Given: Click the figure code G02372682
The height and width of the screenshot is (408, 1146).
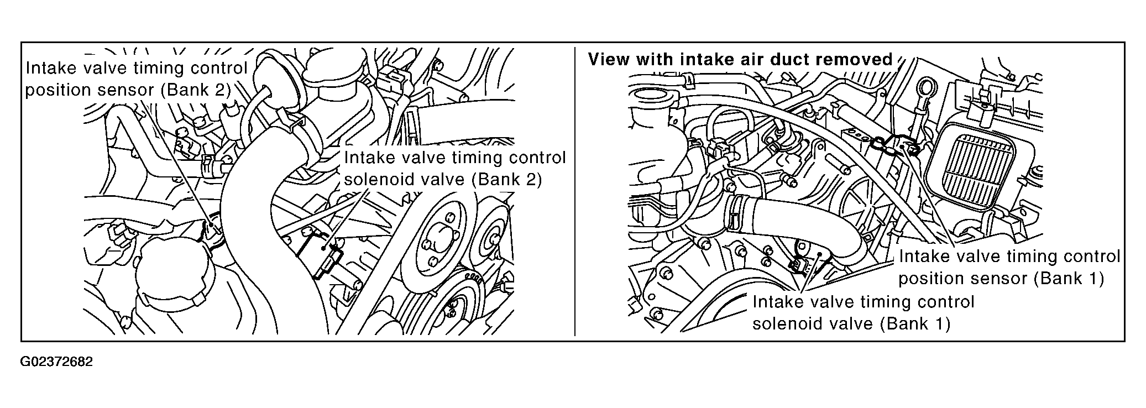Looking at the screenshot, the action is [57, 362].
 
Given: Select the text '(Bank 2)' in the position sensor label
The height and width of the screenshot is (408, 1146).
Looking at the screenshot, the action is [195, 90].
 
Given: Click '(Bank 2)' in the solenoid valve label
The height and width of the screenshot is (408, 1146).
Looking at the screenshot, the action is [507, 179].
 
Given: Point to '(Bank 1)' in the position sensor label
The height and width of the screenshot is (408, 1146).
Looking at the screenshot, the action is [1069, 278].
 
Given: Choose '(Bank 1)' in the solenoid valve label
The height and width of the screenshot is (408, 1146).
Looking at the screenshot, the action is [915, 323].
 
